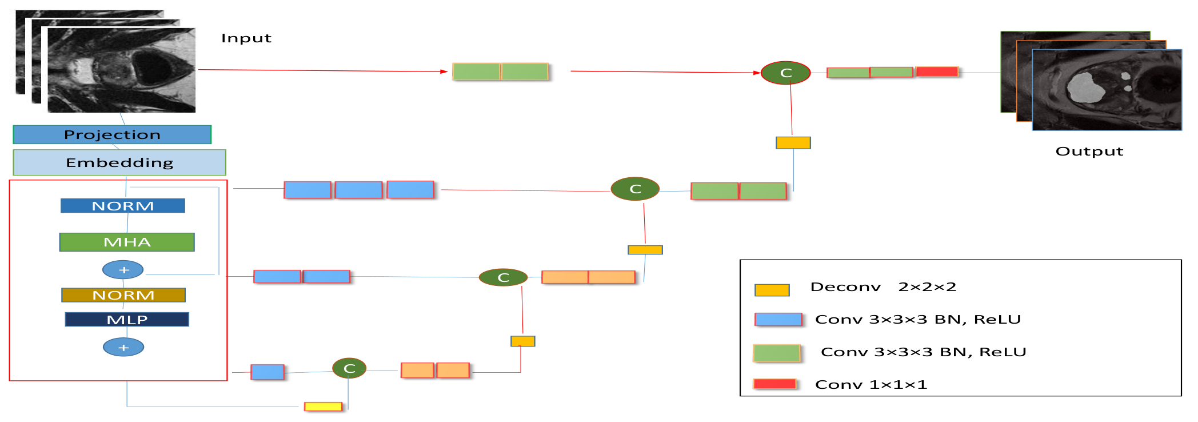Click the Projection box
pos(112,134)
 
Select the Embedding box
pos(119,162)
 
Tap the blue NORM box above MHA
pos(123,206)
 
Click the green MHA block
pos(127,242)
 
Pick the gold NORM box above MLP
pos(123,295)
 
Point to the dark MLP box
pos(127,320)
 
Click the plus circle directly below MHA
pos(123,270)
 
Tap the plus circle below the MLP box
pos(123,347)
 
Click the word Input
pos(246,38)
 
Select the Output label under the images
pos(1089,152)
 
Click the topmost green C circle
pos(786,73)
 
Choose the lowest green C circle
pos(349,368)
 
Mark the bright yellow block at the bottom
pos(324,407)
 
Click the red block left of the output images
pos(937,71)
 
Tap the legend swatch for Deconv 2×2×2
pos(772,290)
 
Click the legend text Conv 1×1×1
pos(871,385)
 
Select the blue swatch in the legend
pos(778,320)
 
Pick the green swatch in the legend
pos(777,353)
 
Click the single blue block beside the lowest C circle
pos(267,372)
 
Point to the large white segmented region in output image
pos(1084,87)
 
